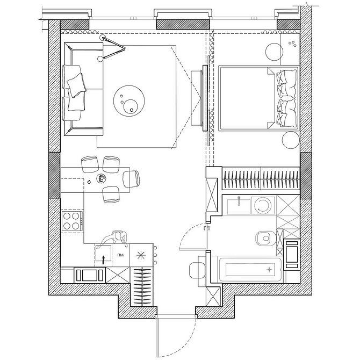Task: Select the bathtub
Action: click(x=249, y=269)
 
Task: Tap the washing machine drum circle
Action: click(x=263, y=206)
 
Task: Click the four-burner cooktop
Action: click(x=71, y=221)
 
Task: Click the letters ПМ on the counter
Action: click(x=120, y=255)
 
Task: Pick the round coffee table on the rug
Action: click(x=129, y=100)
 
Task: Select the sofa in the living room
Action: click(x=83, y=89)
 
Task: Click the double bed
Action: click(x=258, y=98)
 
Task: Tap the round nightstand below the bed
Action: click(x=291, y=140)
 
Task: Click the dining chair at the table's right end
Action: click(x=132, y=179)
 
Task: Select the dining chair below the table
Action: click(x=111, y=194)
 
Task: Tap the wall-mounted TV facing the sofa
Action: click(x=205, y=98)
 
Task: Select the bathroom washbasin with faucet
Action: click(x=239, y=206)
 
